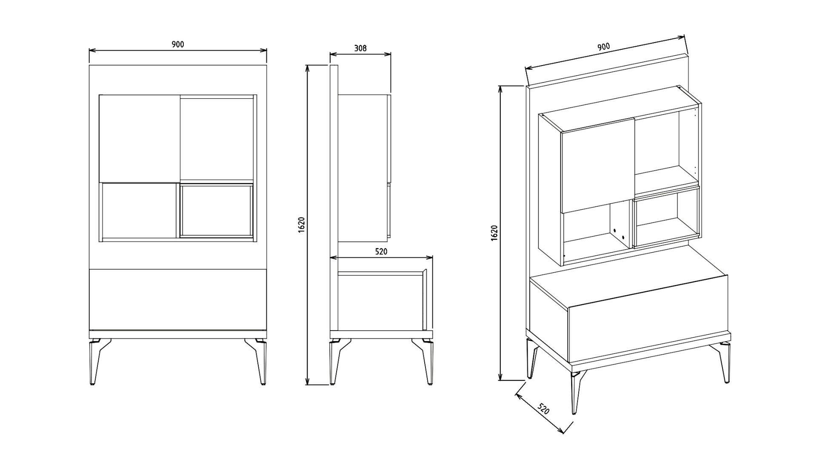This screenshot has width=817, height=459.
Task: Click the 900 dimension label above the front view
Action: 178,44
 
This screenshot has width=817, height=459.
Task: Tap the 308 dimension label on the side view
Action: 360,48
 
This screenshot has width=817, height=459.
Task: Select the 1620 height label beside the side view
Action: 301,225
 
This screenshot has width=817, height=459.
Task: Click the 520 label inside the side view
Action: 381,251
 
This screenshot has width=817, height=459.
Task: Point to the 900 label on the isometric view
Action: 603,47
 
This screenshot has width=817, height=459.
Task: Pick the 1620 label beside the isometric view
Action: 494,233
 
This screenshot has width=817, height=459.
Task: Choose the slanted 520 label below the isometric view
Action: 543,409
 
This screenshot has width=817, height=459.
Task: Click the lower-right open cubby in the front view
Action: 217,210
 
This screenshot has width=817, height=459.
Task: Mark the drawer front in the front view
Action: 178,299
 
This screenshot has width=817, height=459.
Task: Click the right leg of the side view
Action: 425,362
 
